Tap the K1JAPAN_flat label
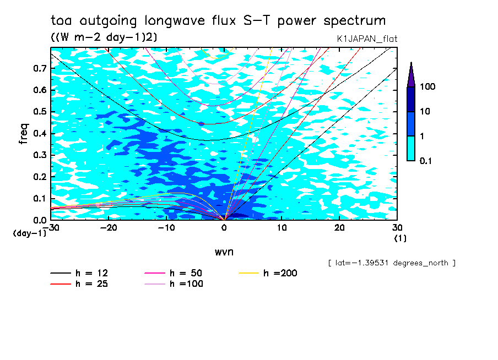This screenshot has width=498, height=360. coord(367,39)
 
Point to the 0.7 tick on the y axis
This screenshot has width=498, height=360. coord(40,68)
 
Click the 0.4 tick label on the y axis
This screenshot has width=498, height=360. coord(40,134)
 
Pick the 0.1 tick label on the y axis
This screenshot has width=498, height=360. coord(40,199)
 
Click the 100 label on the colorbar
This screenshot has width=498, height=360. coord(427,87)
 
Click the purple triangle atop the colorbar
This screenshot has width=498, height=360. coord(411,74)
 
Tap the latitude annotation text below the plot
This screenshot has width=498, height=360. coord(391,263)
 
